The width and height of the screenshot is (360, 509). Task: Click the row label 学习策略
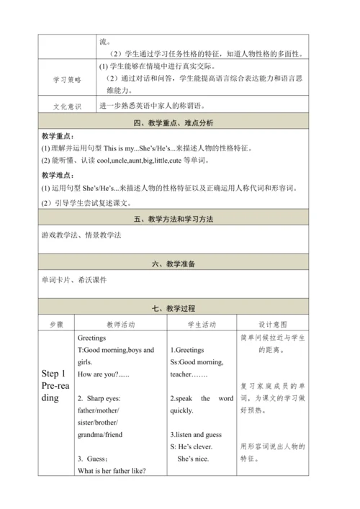click(68, 80)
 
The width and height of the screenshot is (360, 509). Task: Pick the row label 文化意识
click(68, 106)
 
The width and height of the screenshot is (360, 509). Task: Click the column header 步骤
click(56, 325)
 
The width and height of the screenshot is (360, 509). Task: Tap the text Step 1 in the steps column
click(55, 374)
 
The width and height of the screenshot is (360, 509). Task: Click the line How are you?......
click(102, 375)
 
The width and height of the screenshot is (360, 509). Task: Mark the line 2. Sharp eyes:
click(101, 398)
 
